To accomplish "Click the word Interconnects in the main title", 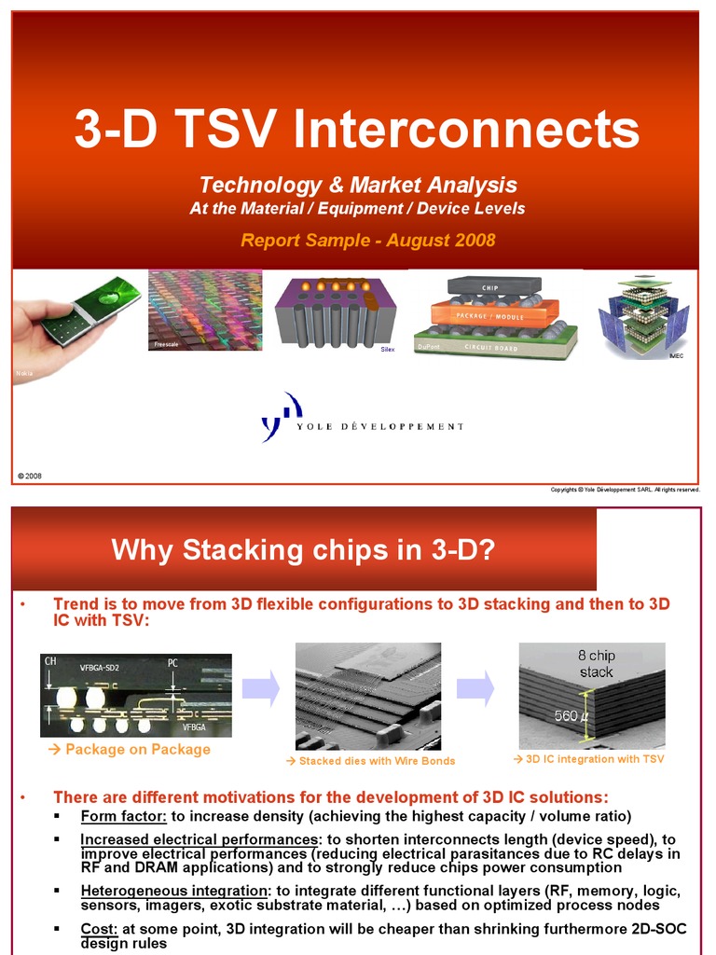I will [x=466, y=130].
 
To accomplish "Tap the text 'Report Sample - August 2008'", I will [x=367, y=241].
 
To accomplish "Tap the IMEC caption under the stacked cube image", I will [x=677, y=355].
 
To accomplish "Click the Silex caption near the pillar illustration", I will [x=388, y=349].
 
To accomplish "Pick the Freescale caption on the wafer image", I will [x=166, y=345].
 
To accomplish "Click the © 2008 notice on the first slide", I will [x=29, y=476].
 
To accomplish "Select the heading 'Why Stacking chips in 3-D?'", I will [x=302, y=550].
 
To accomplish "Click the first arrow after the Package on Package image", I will [x=260, y=688].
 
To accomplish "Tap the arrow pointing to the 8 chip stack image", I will [x=475, y=688].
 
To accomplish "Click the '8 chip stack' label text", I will [x=596, y=663].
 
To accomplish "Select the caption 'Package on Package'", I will [x=130, y=750].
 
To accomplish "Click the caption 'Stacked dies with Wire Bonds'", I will [x=371, y=761].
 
